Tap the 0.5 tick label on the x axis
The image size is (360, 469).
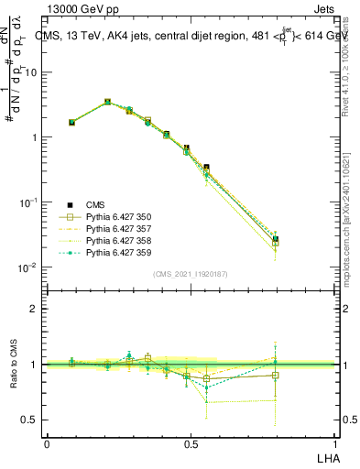[191, 443]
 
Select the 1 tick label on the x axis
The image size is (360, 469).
[334, 443]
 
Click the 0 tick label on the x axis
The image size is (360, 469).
[47, 443]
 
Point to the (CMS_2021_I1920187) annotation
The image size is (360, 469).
[191, 274]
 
